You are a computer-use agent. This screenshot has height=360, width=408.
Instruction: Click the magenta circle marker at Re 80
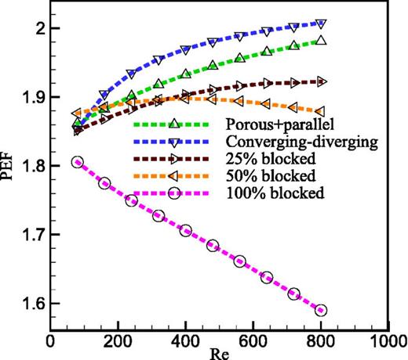point(77,162)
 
